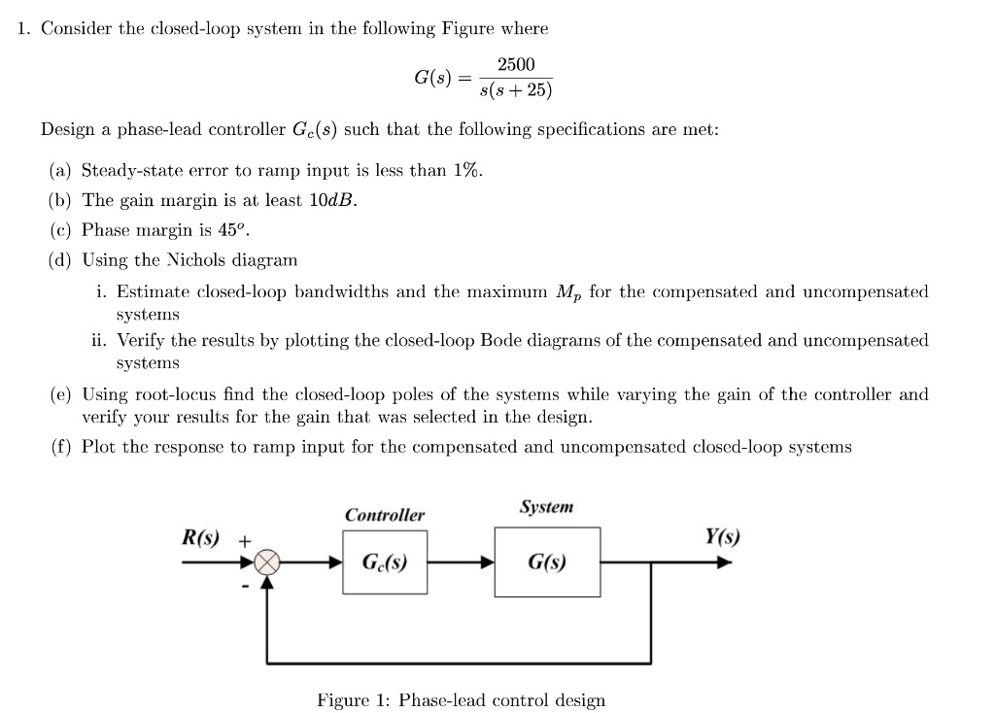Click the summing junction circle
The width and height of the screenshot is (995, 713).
tap(267, 562)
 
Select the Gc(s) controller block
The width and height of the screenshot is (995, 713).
tap(384, 562)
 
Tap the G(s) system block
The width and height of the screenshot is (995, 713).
tap(547, 562)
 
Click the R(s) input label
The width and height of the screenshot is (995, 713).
tap(201, 537)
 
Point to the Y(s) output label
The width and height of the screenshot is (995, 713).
tap(722, 536)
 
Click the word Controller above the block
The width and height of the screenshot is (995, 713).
tap(384, 515)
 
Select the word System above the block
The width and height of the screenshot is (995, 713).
tap(546, 507)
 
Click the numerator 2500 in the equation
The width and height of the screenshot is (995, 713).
tap(515, 64)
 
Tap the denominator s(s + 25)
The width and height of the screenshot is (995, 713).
tap(516, 91)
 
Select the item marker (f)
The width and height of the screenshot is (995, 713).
tap(61, 447)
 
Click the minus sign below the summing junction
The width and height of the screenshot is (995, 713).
tap(247, 586)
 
